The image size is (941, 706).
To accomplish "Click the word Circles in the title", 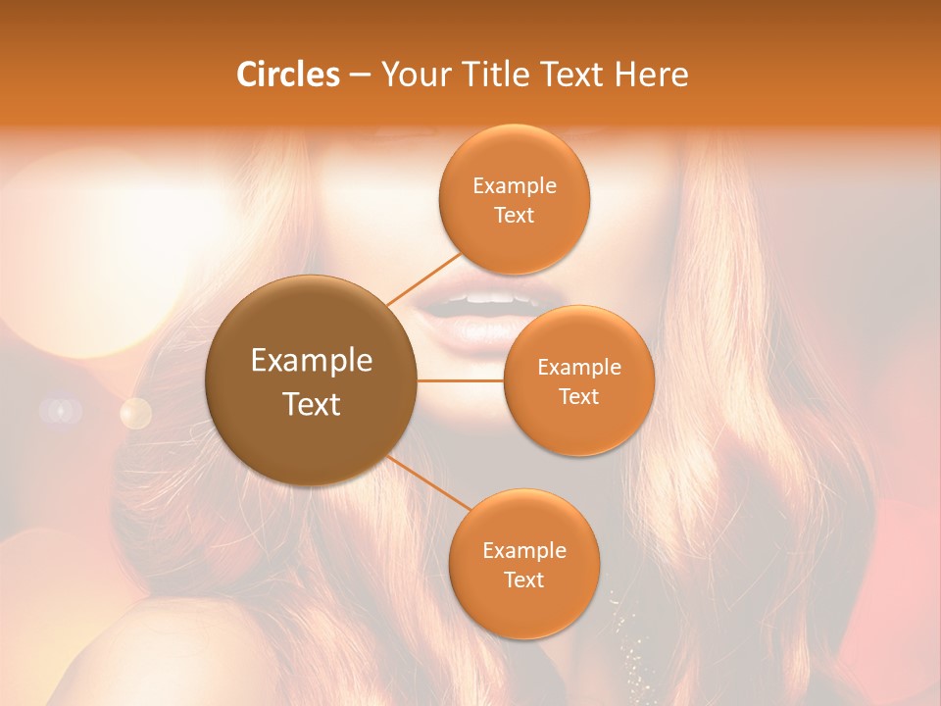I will [x=288, y=75].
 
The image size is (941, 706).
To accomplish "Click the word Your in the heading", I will [x=413, y=75].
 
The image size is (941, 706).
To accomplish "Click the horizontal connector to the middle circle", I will [x=461, y=380].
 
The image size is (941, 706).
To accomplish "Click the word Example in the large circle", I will [x=312, y=361].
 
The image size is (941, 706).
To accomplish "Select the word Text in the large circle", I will [x=312, y=404].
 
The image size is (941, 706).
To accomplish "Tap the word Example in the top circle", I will [x=515, y=186].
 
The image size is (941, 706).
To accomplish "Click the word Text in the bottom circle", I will [x=523, y=580].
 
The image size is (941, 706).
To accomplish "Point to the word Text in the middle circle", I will [x=579, y=396].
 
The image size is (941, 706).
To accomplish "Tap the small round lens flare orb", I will [x=135, y=413].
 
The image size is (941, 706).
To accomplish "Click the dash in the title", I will [x=360, y=75].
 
